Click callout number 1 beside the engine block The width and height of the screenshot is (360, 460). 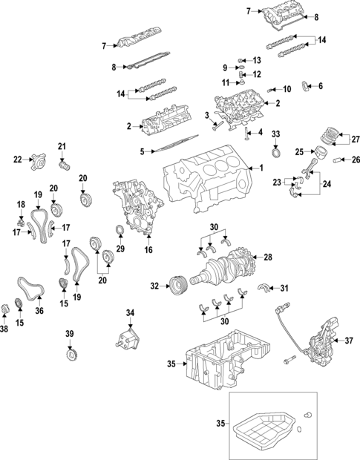point(261,168)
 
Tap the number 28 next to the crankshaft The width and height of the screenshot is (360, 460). point(268,257)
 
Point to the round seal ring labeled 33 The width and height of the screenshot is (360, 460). point(277,154)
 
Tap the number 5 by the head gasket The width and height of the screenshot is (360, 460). point(143,152)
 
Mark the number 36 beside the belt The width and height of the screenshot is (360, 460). point(39,312)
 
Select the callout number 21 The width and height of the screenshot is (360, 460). point(62,145)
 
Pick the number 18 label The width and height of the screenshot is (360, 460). point(20,203)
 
